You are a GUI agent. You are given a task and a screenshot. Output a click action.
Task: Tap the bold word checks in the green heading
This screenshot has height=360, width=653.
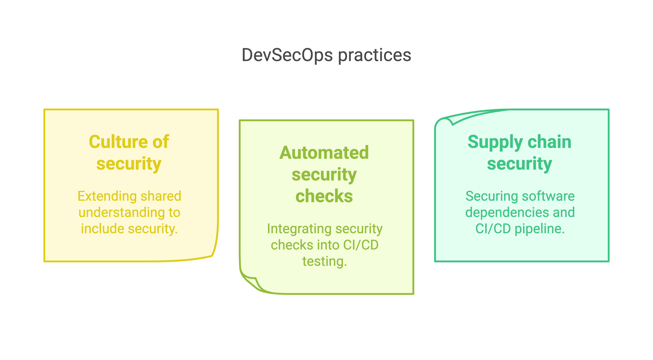(324, 196)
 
